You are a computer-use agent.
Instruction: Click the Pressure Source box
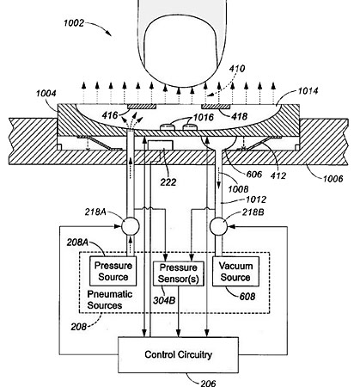(x=113, y=271)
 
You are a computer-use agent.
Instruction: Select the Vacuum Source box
(x=235, y=271)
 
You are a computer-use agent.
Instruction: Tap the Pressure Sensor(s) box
(x=179, y=273)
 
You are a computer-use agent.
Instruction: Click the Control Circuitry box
(x=178, y=355)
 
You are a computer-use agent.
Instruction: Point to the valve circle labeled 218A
(x=131, y=226)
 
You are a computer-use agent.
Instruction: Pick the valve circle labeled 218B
(x=218, y=226)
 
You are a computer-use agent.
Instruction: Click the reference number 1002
(x=74, y=23)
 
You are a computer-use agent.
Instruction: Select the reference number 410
(x=237, y=69)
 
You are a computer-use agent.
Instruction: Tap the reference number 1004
(x=46, y=94)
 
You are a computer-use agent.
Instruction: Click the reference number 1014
(x=308, y=91)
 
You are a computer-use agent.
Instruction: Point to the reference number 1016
(x=204, y=117)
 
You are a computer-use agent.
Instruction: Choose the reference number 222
(x=168, y=182)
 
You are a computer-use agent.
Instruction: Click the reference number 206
(x=208, y=384)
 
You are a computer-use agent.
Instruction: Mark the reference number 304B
(x=164, y=300)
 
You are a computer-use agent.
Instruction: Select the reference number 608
(x=247, y=296)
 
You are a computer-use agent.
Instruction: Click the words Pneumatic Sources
(x=109, y=300)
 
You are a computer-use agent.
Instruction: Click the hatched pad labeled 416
(x=142, y=107)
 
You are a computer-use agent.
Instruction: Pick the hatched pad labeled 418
(x=216, y=107)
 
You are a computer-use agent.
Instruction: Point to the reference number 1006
(x=333, y=179)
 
